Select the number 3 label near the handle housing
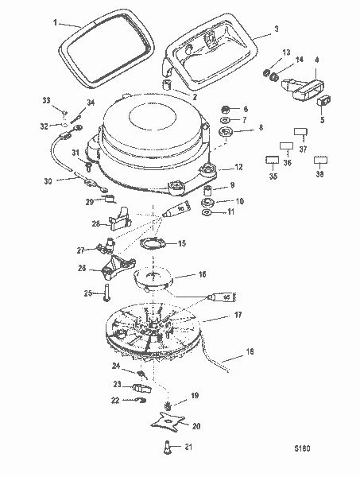tap(275, 29)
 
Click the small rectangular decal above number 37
tap(300, 131)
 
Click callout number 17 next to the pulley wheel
tap(236, 316)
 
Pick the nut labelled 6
tap(224, 109)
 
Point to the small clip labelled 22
tap(137, 399)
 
